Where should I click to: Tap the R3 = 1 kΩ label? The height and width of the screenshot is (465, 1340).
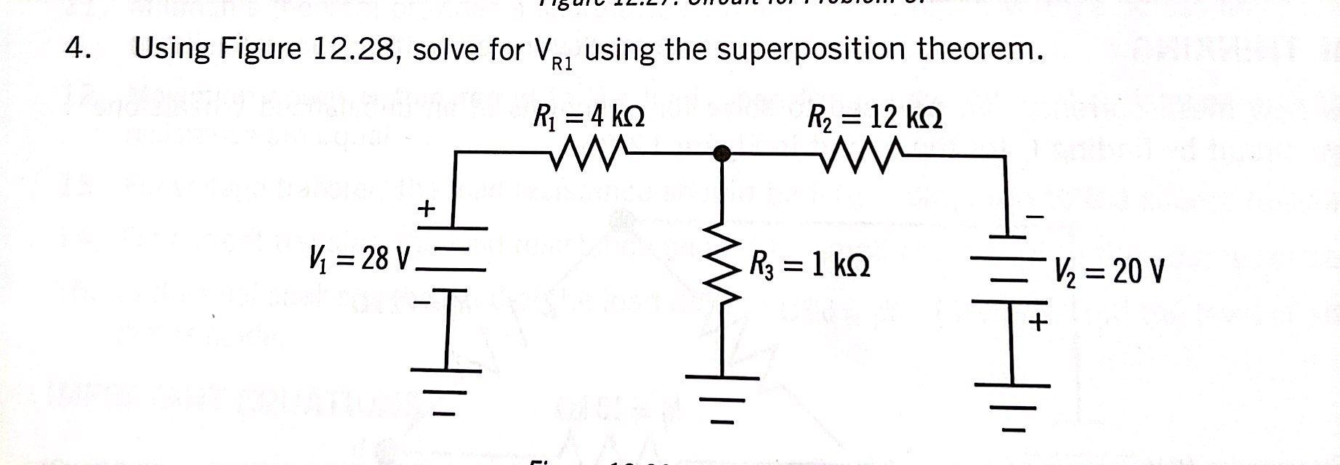811,265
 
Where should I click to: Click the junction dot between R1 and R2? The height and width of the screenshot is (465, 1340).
721,153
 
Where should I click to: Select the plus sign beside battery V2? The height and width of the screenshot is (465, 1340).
1039,323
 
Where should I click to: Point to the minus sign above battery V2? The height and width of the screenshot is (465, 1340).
1036,217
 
